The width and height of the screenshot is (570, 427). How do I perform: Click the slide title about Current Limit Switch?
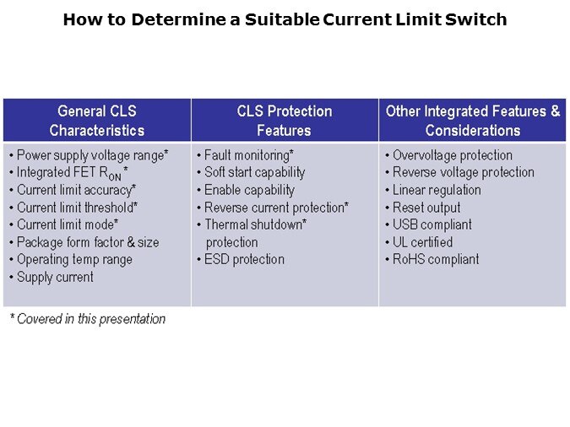(285, 19)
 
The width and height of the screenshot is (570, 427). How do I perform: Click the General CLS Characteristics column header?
(96, 121)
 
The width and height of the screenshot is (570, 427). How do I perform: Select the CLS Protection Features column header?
(284, 121)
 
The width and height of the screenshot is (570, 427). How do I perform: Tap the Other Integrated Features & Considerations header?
(472, 121)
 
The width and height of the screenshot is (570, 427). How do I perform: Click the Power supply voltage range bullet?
(92, 155)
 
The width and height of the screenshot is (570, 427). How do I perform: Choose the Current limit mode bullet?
(67, 224)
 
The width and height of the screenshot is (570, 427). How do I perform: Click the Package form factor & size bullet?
(87, 242)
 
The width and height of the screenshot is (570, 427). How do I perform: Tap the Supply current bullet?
(55, 277)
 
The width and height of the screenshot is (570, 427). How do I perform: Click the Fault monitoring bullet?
(248, 155)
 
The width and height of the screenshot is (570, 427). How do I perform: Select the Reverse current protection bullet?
(276, 208)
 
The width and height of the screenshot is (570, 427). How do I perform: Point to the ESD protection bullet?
(244, 259)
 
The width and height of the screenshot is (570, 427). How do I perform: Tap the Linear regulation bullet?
(437, 190)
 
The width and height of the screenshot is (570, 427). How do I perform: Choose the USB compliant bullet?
(432, 224)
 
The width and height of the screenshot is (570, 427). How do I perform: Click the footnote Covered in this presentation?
(88, 319)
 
